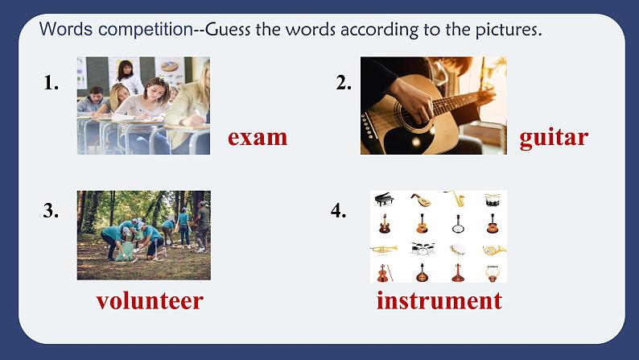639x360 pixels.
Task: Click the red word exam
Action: [x=258, y=137]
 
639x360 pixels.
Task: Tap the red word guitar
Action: [x=554, y=137]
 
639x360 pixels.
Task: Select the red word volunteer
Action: [x=150, y=301]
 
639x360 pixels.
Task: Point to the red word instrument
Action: [x=439, y=301]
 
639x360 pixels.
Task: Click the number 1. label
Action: [x=52, y=82]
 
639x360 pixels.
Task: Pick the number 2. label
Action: [x=344, y=82]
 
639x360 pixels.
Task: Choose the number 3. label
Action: [x=52, y=211]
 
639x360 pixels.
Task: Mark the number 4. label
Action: [x=339, y=211]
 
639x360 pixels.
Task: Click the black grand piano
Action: [x=384, y=199]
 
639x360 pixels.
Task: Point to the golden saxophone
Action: [x=456, y=199]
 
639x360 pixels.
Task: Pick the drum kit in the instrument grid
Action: [x=421, y=249]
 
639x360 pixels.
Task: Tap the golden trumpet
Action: [x=384, y=249]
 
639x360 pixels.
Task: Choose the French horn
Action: [x=493, y=249]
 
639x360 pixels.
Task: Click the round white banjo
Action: [x=458, y=249]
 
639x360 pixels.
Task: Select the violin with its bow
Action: [x=384, y=273]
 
